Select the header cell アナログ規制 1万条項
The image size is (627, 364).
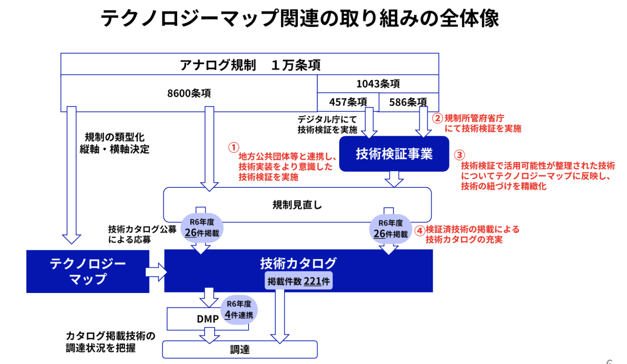point(250,65)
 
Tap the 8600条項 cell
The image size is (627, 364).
point(189,93)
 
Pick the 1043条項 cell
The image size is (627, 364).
point(378,84)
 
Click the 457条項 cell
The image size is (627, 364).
point(347,102)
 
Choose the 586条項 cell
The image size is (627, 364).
point(408,102)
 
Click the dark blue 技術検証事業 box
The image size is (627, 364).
point(394,154)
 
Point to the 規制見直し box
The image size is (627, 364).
point(297,204)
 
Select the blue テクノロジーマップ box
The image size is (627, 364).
point(88,271)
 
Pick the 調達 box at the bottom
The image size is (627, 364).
point(240,349)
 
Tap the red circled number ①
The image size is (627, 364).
point(234,147)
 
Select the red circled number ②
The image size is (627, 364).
point(438,118)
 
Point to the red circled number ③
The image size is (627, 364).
point(458,155)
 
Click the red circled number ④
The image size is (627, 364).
point(419,229)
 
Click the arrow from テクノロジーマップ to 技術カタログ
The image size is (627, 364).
point(156,271)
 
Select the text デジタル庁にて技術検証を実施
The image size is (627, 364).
point(327,124)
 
